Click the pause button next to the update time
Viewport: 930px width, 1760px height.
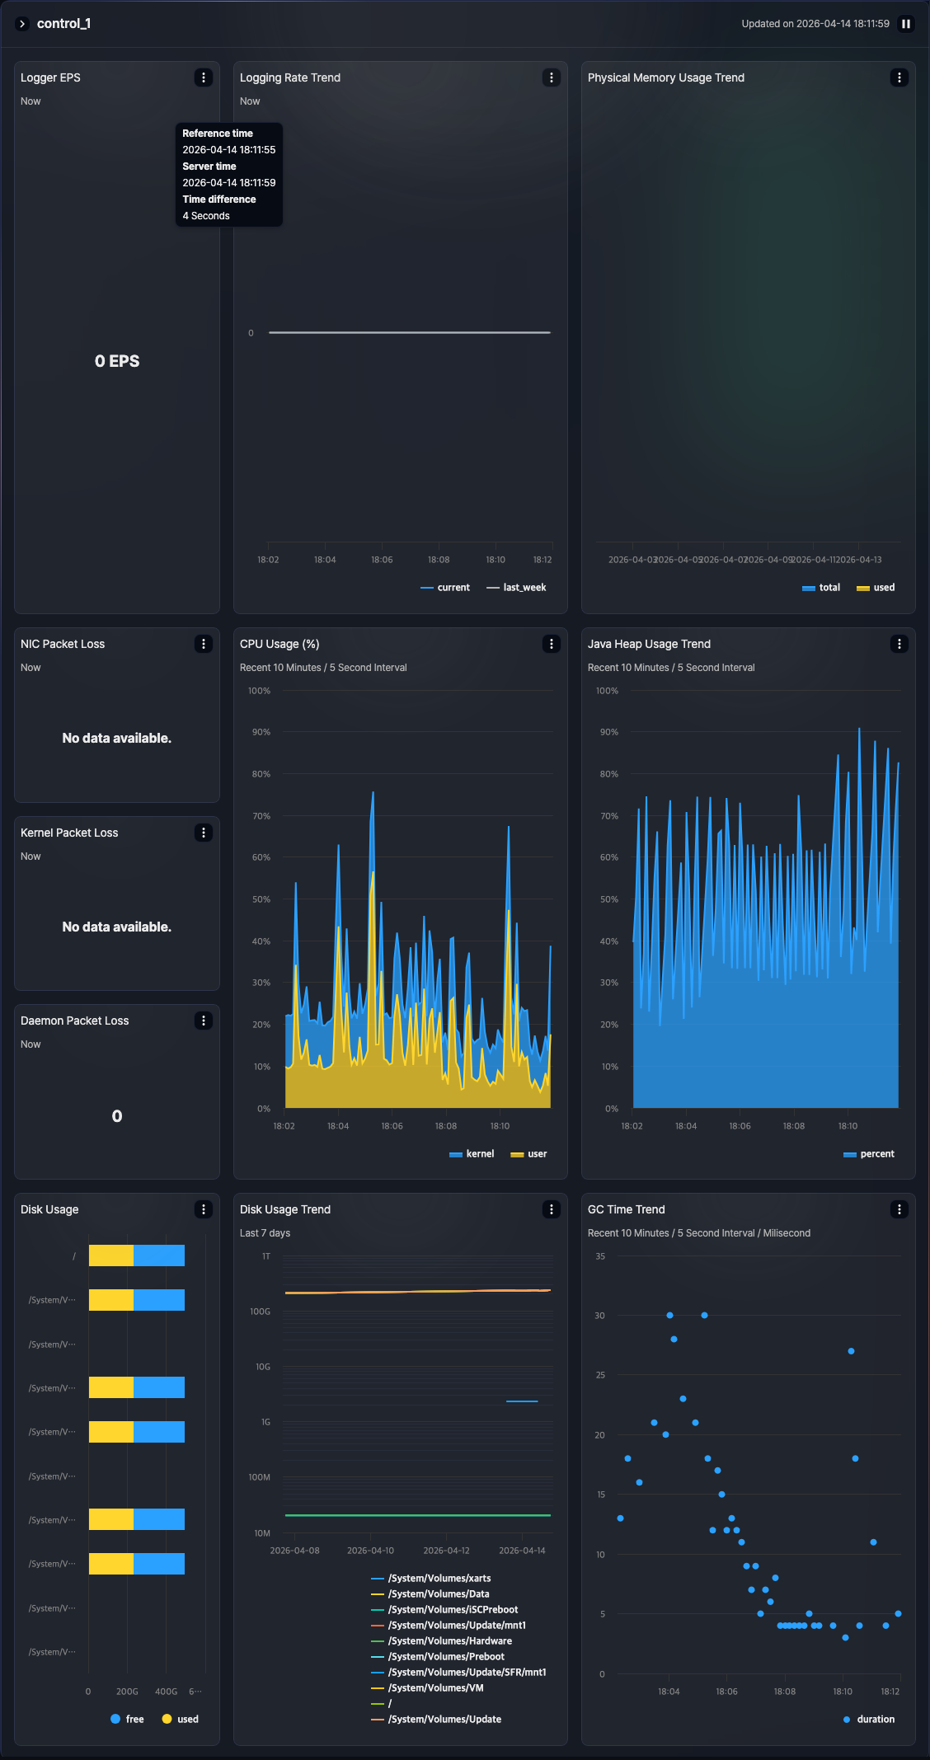tap(905, 24)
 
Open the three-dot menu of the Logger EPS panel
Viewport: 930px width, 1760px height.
tap(204, 77)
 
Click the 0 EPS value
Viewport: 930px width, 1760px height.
tap(117, 361)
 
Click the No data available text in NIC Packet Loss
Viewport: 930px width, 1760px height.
tap(117, 739)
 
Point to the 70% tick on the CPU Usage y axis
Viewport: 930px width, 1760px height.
tap(261, 816)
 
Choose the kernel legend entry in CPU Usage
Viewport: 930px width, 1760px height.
tap(472, 1154)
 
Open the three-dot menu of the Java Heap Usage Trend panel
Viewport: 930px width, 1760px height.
tap(899, 644)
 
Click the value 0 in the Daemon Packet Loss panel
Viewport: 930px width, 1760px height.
tap(117, 1116)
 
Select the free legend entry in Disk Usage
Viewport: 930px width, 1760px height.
tap(127, 1720)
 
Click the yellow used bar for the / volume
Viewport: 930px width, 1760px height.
tap(110, 1255)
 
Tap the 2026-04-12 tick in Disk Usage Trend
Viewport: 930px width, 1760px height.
tap(446, 1551)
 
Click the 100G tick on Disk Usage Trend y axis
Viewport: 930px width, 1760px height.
tap(261, 1312)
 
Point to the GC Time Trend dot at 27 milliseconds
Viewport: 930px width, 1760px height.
tap(851, 1351)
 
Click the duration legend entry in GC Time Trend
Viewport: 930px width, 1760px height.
tap(869, 1720)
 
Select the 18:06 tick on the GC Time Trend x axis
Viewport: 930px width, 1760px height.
tap(726, 1692)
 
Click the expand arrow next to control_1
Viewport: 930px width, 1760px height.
tap(22, 24)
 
